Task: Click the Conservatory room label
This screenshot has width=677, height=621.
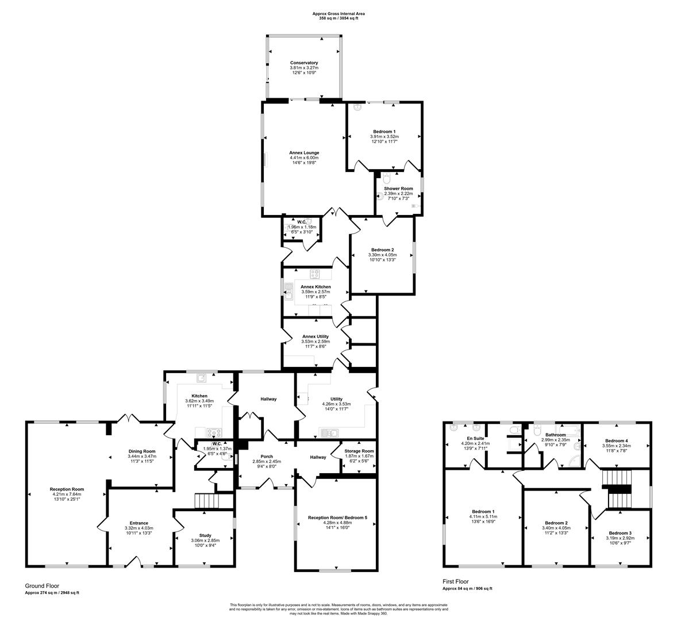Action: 304,63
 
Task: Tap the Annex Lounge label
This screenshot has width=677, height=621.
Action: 304,152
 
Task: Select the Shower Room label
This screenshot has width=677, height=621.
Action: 398,189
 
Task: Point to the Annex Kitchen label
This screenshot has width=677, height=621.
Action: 316,286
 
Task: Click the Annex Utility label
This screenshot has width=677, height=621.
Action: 315,336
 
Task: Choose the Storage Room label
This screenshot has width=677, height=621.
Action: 359,451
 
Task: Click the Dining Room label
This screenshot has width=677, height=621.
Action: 141,451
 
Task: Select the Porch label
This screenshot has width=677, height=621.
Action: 267,457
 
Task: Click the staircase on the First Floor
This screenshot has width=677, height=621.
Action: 617,489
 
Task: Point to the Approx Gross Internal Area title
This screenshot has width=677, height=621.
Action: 338,13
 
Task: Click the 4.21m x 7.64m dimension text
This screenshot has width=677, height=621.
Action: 66,495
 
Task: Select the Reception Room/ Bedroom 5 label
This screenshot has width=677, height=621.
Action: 337,517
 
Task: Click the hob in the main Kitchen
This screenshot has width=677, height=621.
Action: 214,432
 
